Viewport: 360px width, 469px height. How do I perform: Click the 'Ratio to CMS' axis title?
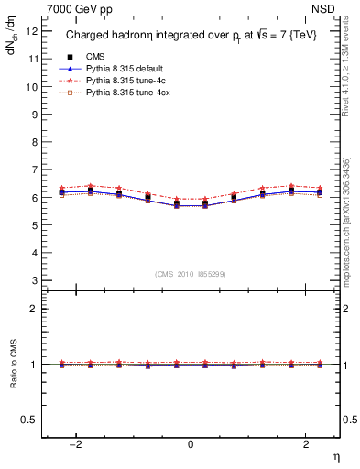14,379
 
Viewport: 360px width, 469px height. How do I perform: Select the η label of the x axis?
336,455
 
